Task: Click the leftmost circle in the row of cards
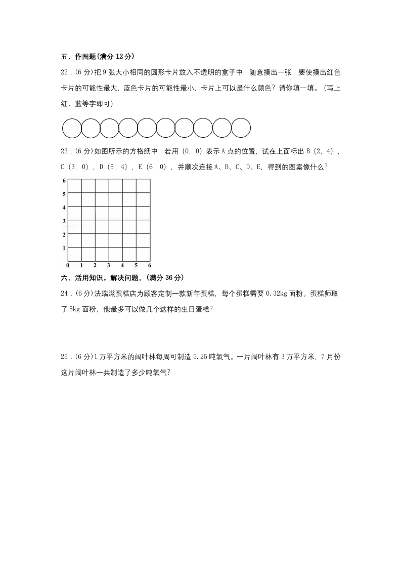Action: click(72, 128)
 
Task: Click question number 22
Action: click(64, 73)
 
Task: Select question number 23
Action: click(64, 151)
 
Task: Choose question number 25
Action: click(64, 357)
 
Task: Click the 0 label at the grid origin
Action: click(68, 265)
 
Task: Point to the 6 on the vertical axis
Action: click(64, 181)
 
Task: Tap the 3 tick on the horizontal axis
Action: click(109, 265)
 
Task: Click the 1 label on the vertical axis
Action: click(64, 248)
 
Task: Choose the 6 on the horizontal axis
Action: click(150, 265)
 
